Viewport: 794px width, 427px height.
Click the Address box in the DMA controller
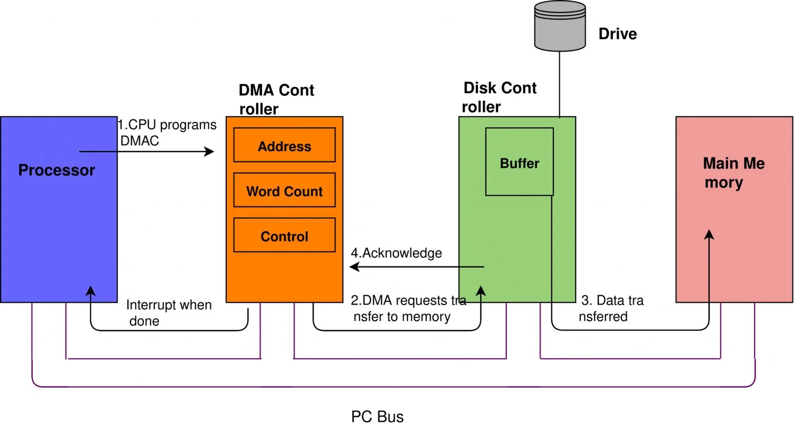pyautogui.click(x=284, y=145)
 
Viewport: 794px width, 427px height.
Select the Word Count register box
pyautogui.click(x=284, y=190)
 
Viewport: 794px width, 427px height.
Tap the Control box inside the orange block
pyautogui.click(x=284, y=236)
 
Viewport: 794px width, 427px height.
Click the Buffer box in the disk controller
pyautogui.click(x=519, y=163)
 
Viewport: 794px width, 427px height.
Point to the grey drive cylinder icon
pyautogui.click(x=560, y=26)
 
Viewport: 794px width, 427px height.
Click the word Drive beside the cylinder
pyautogui.click(x=617, y=34)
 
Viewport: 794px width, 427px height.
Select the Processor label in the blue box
pyautogui.click(x=57, y=170)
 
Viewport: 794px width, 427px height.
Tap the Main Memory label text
pyautogui.click(x=733, y=172)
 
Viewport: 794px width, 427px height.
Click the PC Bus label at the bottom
pyautogui.click(x=377, y=416)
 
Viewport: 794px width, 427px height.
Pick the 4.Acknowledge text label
pyautogui.click(x=396, y=253)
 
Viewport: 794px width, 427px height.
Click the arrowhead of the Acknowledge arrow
pyautogui.click(x=353, y=267)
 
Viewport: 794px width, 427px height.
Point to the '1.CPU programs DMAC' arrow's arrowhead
pyautogui.click(x=210, y=151)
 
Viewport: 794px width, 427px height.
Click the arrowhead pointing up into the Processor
pyautogui.click(x=90, y=291)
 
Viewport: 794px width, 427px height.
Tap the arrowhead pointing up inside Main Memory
pyautogui.click(x=709, y=234)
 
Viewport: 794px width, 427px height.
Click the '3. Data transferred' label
pyautogui.click(x=611, y=308)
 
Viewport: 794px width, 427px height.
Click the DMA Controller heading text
pyautogui.click(x=276, y=99)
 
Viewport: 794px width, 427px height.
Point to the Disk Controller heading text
pyautogui.click(x=499, y=97)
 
